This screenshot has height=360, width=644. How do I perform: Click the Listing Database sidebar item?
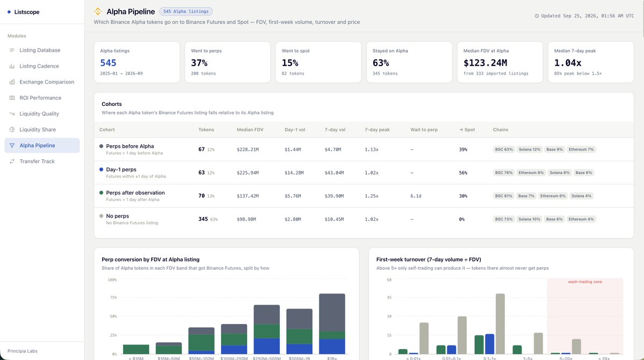pos(40,50)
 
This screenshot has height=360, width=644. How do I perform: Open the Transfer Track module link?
pos(37,162)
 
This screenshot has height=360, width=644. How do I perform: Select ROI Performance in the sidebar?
pos(40,98)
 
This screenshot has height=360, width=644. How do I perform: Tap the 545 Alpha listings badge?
pos(186,11)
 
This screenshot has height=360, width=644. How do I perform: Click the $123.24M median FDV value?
pos(485,63)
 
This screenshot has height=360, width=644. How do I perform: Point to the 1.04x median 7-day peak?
pos(568,63)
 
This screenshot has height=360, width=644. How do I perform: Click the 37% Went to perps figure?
pos(199,63)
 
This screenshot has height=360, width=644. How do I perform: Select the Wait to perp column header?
pos(424,129)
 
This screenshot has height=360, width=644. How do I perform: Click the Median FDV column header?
pos(250,129)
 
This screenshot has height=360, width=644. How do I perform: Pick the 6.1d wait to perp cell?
pos(416,196)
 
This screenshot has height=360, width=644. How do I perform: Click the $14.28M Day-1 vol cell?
pos(294,172)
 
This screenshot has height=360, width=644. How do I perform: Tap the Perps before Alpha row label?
pos(130,146)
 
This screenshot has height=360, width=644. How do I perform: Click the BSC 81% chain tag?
pos(503,196)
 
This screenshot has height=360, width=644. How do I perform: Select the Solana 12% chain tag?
pos(530,149)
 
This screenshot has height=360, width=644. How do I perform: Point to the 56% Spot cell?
pos(463,172)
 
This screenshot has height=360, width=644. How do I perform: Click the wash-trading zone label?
pos(585,282)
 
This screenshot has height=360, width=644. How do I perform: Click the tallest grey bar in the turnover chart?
pos(500,324)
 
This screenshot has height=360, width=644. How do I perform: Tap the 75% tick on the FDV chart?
pos(113,297)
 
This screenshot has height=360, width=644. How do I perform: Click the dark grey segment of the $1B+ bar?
pos(332,312)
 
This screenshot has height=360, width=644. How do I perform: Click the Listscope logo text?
pos(27,12)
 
